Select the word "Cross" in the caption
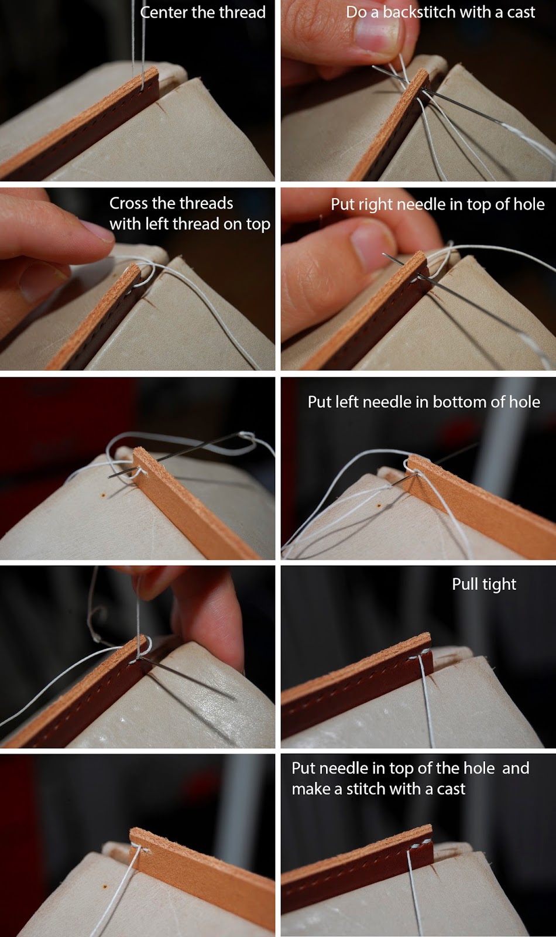(x=128, y=203)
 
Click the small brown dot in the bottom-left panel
(x=105, y=887)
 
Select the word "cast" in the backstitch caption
(x=521, y=12)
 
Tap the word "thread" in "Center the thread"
(x=242, y=12)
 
